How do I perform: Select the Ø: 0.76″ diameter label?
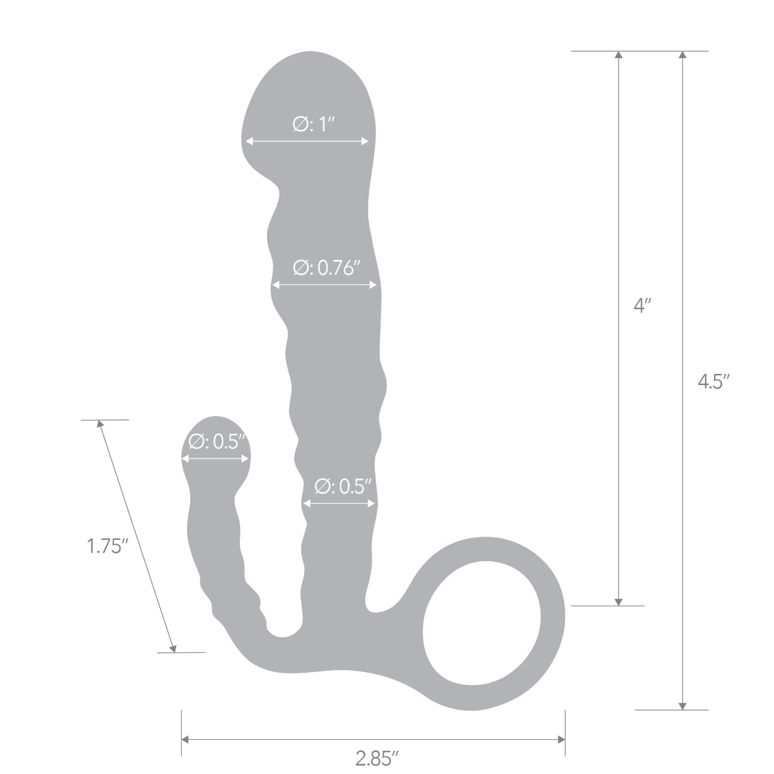click(x=325, y=268)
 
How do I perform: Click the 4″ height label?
click(x=640, y=307)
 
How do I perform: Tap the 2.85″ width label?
click(x=374, y=757)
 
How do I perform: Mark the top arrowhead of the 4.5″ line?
click(x=683, y=55)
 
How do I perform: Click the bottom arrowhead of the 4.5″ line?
click(x=683, y=705)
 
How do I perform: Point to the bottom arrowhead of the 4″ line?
click(x=619, y=601)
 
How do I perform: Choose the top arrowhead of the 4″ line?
click(x=619, y=55)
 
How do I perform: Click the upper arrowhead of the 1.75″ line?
click(x=100, y=424)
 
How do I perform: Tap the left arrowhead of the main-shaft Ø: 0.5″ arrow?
click(x=308, y=503)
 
